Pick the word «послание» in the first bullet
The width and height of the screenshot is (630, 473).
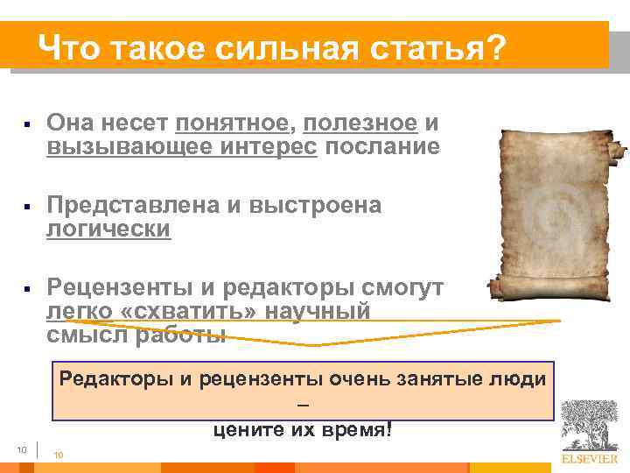pos(381,146)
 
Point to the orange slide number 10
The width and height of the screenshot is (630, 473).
pos(59,455)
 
